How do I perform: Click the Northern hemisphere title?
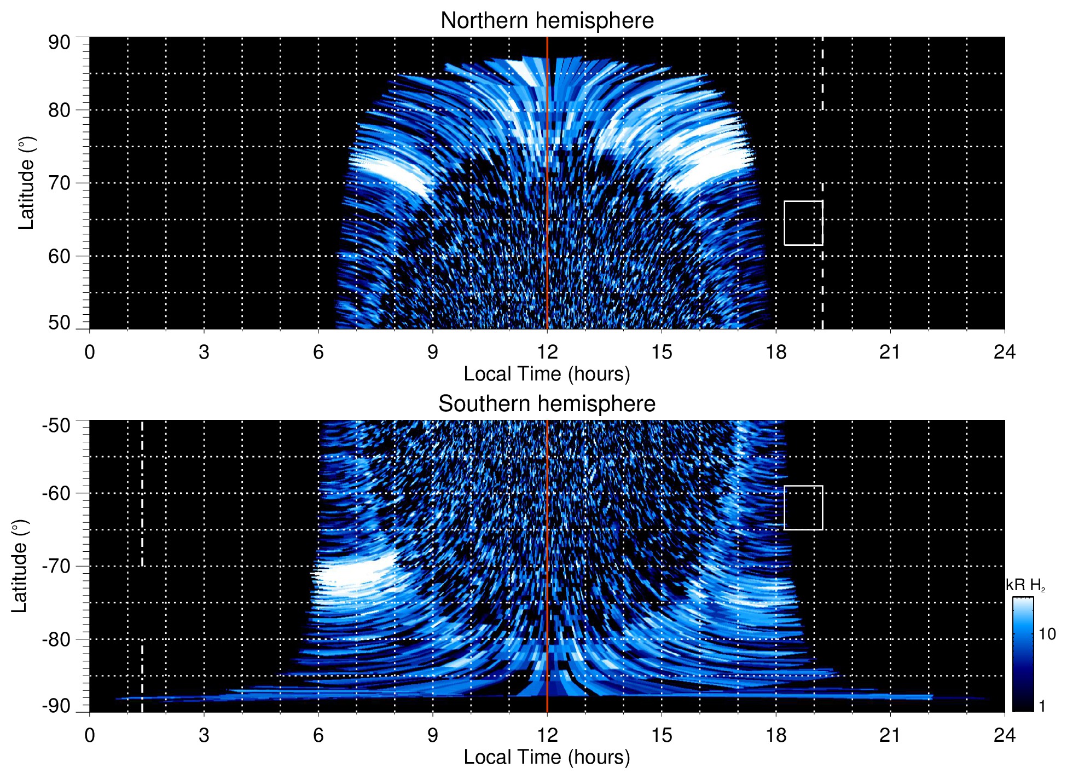pyautogui.click(x=547, y=21)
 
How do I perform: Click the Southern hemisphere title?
pyautogui.click(x=547, y=404)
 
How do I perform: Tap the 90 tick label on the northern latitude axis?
pyautogui.click(x=59, y=43)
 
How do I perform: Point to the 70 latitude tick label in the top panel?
pyautogui.click(x=59, y=183)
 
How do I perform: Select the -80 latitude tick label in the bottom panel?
pyautogui.click(x=56, y=639)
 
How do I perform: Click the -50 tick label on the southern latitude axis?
pyautogui.click(x=56, y=425)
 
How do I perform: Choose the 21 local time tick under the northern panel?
pyautogui.click(x=890, y=352)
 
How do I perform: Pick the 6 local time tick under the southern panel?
pyautogui.click(x=318, y=735)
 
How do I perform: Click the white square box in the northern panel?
pyautogui.click(x=803, y=223)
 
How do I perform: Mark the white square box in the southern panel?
pyautogui.click(x=803, y=507)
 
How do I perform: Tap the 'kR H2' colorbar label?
pyautogui.click(x=1025, y=585)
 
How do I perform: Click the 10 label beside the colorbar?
pyautogui.click(x=1047, y=634)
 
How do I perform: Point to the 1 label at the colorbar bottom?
pyautogui.click(x=1042, y=706)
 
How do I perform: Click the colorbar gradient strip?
pyautogui.click(x=1023, y=654)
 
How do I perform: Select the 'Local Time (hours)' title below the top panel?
pyautogui.click(x=547, y=374)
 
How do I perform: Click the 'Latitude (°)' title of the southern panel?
pyautogui.click(x=20, y=566)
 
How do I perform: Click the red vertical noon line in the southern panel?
pyautogui.click(x=547, y=547)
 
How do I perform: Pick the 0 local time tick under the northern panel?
pyautogui.click(x=90, y=352)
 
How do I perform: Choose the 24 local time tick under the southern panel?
pyautogui.click(x=1004, y=735)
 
